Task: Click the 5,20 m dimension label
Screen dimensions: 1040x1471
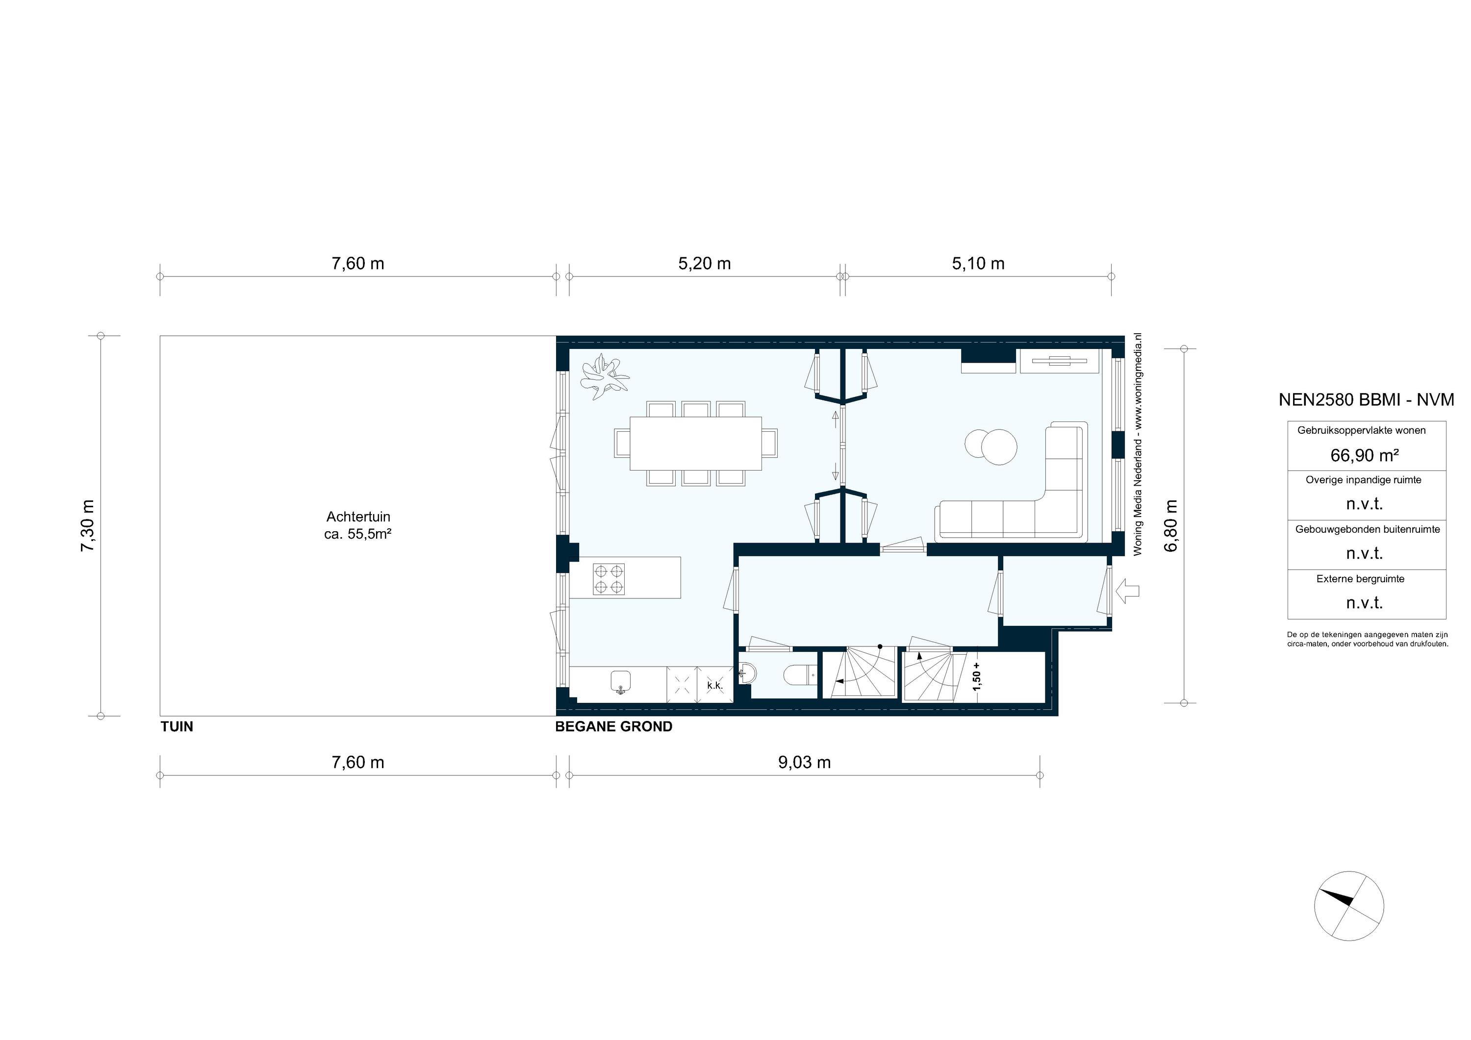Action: pos(704,264)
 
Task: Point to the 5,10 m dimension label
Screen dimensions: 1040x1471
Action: pos(978,264)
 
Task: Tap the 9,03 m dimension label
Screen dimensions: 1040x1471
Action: pos(804,763)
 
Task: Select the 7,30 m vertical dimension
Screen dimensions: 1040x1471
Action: pos(88,525)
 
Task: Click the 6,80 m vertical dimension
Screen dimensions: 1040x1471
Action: pos(1171,525)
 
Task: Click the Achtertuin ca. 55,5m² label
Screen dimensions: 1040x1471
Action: pos(357,525)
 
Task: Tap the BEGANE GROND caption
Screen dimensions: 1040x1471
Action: pos(613,727)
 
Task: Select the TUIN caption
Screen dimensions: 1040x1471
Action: pos(177,727)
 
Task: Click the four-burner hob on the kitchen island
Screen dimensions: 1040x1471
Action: pos(609,579)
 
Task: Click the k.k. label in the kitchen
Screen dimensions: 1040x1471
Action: pos(714,686)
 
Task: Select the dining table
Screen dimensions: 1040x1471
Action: pos(696,443)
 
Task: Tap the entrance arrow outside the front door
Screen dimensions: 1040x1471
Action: pos(1128,591)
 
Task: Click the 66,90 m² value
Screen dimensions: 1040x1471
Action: pos(1364,455)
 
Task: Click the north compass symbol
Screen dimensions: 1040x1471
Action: pos(1348,906)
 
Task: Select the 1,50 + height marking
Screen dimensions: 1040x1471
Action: pos(976,677)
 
